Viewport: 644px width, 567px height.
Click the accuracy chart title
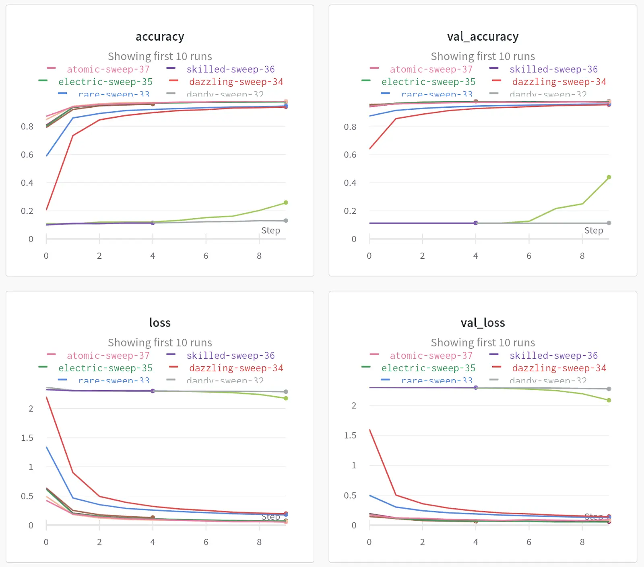pos(160,37)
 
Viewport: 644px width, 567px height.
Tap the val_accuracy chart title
pos(483,37)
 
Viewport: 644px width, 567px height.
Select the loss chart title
pos(160,323)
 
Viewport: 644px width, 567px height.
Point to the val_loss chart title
pos(483,323)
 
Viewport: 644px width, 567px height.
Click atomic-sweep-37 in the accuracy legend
pos(108,70)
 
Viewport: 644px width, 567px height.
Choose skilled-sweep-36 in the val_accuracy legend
pos(553,70)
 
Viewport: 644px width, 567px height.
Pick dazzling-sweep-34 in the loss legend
pos(236,368)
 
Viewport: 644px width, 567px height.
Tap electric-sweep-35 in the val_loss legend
pos(428,368)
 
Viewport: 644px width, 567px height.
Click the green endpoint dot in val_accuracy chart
pos(609,177)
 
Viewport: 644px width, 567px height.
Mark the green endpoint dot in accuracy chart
pos(286,203)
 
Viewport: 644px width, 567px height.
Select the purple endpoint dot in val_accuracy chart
pos(476,223)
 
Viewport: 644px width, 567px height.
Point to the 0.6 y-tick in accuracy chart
pos(27,155)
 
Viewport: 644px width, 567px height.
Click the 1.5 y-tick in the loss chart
pos(27,438)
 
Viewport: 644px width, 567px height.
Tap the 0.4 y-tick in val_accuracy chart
pos(350,183)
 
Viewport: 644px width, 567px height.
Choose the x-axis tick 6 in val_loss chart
pos(529,542)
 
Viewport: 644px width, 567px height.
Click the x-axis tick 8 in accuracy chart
pos(259,256)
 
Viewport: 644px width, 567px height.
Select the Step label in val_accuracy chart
pos(593,231)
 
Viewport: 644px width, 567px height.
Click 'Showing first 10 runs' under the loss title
pos(160,342)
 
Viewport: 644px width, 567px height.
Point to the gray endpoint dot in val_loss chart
pos(609,389)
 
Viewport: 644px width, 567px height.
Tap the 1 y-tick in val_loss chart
pos(354,465)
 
